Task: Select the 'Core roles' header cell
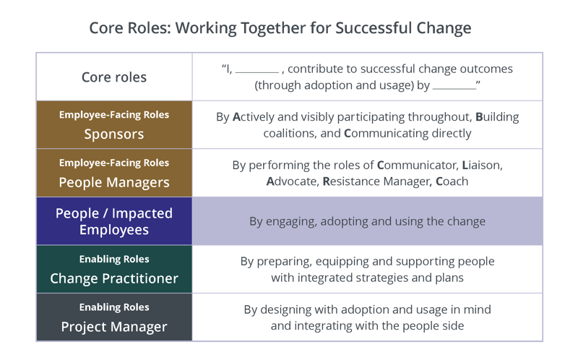(114, 77)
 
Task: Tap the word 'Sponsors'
(114, 134)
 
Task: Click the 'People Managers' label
(114, 181)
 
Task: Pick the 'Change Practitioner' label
(114, 278)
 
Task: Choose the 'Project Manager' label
(114, 326)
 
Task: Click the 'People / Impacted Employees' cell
(114, 221)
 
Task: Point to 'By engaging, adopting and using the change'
(367, 221)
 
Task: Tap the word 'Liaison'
(480, 165)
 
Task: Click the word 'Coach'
(452, 181)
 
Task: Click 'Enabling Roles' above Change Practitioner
(114, 259)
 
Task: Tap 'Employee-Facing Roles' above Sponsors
(114, 115)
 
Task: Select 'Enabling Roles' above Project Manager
(114, 307)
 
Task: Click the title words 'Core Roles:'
(129, 28)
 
